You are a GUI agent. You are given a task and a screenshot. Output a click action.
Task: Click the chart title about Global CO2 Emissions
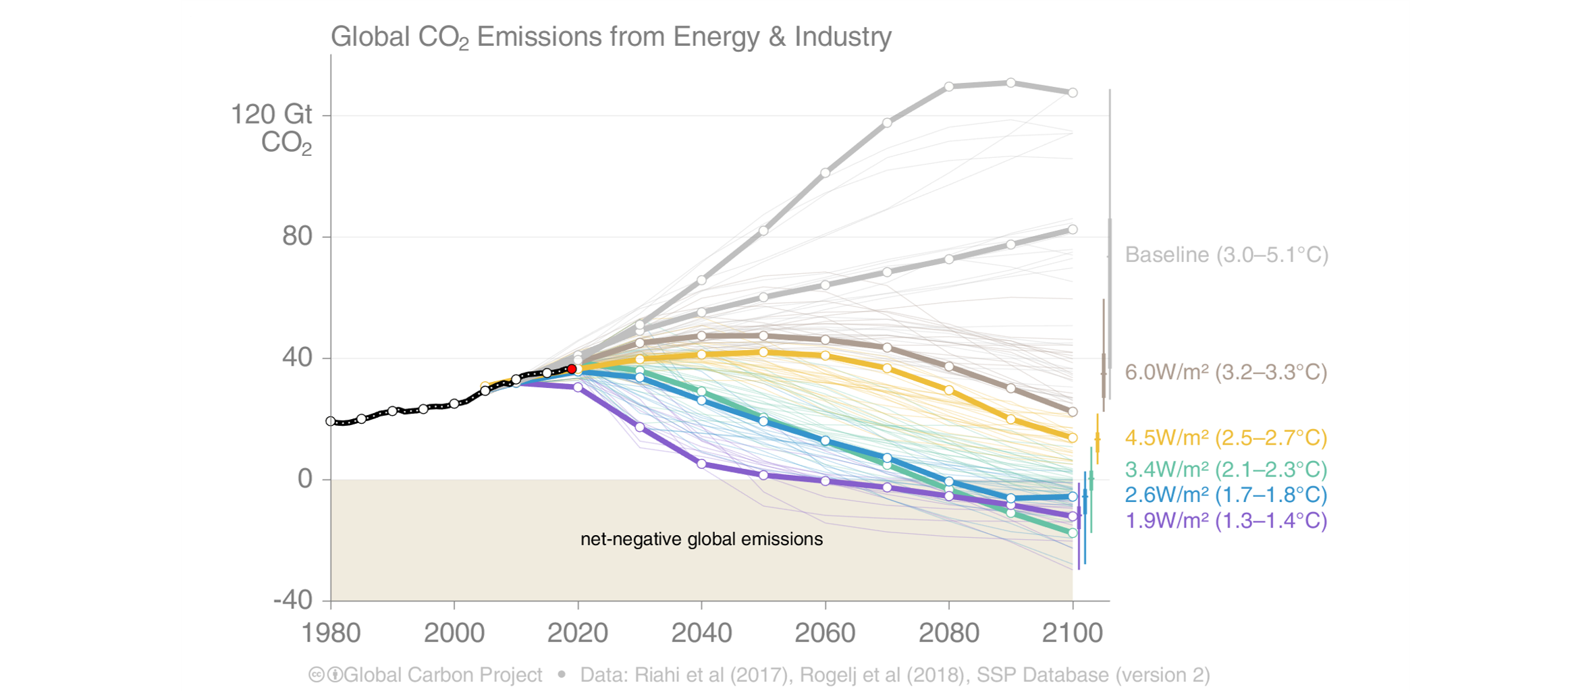[610, 37]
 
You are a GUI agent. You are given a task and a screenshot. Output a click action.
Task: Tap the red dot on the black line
[572, 369]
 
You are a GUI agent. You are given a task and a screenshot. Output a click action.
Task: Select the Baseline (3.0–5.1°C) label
[1226, 255]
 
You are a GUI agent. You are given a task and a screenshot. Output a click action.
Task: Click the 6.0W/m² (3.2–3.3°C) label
[1226, 372]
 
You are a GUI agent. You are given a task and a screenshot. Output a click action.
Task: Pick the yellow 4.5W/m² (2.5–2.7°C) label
[1226, 438]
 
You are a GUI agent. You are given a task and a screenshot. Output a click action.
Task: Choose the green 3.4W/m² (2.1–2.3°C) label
[1226, 470]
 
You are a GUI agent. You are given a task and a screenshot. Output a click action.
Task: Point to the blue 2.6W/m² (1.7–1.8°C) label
[1226, 495]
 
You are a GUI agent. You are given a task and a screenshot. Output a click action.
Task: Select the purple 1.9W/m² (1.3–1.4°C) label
[1226, 521]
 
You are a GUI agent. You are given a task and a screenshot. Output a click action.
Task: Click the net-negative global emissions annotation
[701, 540]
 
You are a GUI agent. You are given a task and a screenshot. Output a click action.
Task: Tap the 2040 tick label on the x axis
[701, 633]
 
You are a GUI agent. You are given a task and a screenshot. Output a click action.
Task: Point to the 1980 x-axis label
[331, 633]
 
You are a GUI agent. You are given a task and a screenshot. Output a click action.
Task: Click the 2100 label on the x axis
[1073, 633]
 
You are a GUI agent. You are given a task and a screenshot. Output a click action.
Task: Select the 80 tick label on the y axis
[297, 236]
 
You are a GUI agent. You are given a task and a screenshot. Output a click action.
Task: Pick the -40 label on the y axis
[293, 600]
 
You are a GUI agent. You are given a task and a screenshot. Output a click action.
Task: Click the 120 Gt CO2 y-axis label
[272, 128]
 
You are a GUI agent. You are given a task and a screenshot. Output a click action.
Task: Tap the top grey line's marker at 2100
[1073, 92]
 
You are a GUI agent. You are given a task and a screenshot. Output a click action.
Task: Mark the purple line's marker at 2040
[701, 464]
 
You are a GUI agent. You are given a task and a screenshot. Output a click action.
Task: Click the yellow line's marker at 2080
[949, 390]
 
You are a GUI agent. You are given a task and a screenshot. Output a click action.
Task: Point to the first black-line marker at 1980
[331, 421]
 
